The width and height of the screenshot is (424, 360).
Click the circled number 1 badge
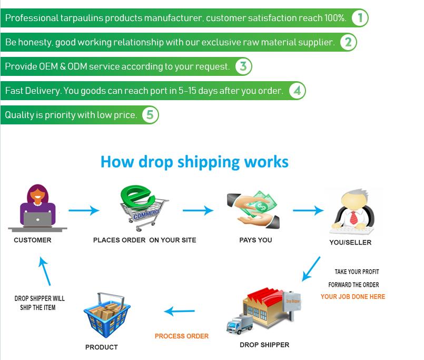(360, 18)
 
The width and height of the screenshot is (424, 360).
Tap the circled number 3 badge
(243, 66)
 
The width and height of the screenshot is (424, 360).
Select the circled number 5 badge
(150, 115)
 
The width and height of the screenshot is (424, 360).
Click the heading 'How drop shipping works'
(194, 161)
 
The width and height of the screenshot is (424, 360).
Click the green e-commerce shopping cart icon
(141, 209)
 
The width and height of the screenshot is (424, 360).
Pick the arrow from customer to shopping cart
(84, 211)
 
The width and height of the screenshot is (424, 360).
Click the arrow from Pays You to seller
(308, 211)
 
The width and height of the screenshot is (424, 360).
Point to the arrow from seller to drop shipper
(311, 268)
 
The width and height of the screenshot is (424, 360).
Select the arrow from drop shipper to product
(180, 312)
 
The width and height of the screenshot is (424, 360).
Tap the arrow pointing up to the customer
(44, 271)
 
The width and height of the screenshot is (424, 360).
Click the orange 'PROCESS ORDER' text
(182, 336)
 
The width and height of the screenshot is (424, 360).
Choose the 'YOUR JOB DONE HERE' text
(353, 297)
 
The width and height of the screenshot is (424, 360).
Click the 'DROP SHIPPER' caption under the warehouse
(264, 345)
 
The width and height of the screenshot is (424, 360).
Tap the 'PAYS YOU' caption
(255, 240)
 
